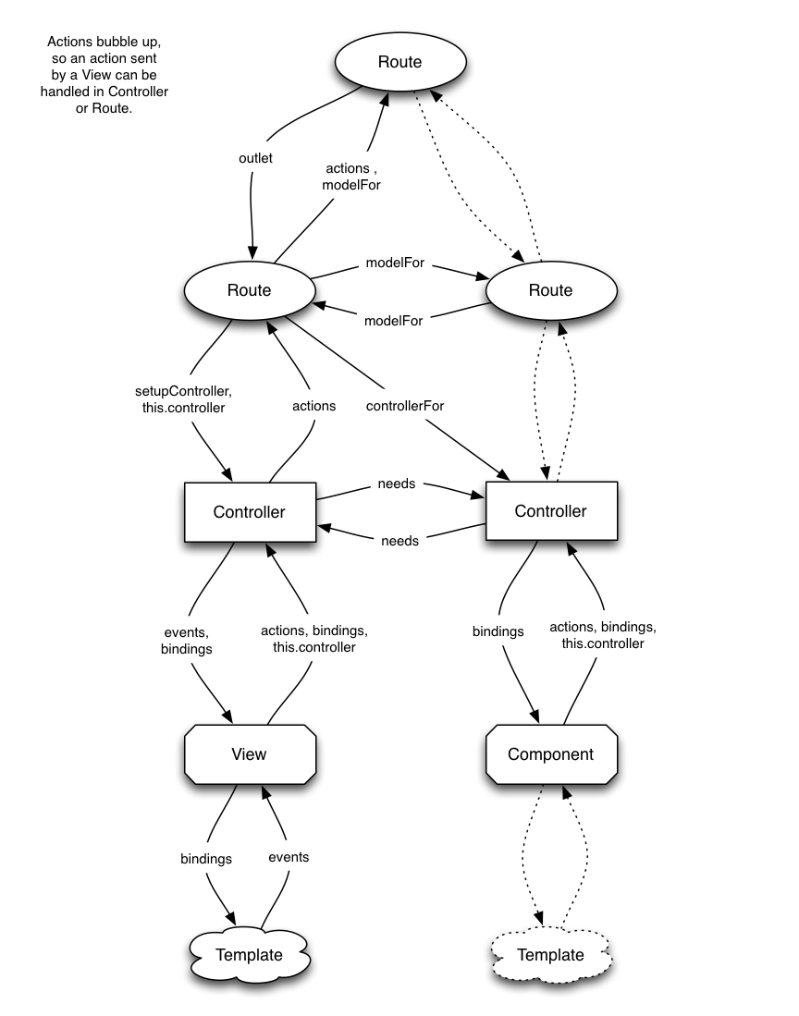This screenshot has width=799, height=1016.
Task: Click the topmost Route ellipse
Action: tap(399, 62)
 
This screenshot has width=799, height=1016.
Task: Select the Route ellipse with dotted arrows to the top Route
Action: tap(550, 290)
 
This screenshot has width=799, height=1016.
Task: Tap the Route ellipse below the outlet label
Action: tap(249, 290)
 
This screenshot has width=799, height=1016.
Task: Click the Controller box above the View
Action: tap(249, 511)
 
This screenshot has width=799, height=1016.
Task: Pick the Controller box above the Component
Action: tap(550, 511)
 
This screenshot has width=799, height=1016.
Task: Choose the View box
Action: tap(249, 753)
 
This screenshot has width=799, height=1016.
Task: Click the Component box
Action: tap(550, 753)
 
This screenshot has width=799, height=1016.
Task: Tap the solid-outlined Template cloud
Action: tap(249, 955)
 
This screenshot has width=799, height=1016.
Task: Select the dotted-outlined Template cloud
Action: tap(550, 955)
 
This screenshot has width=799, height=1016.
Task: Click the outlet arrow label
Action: tap(255, 158)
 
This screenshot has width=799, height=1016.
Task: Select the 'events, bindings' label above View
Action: tap(188, 640)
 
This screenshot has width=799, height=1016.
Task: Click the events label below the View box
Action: tap(289, 857)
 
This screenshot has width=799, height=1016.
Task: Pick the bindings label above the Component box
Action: tap(498, 631)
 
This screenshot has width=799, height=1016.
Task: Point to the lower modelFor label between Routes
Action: tap(394, 321)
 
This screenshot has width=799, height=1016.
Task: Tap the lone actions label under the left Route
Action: tap(313, 405)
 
